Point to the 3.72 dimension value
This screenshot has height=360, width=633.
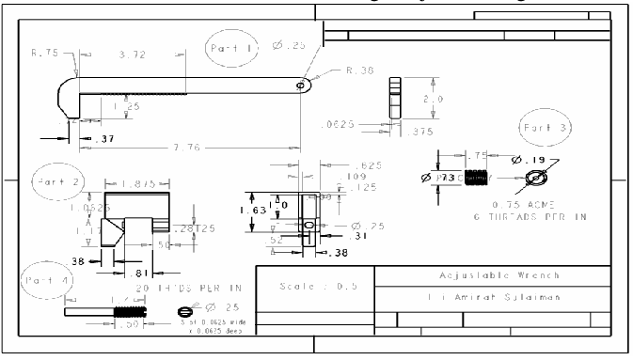click(x=134, y=56)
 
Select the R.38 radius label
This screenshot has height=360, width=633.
click(x=361, y=70)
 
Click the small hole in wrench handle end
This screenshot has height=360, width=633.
click(x=301, y=85)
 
